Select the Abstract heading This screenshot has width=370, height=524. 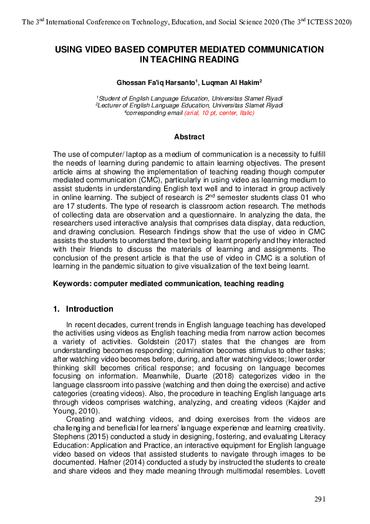click(x=188, y=137)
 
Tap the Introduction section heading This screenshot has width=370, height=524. click(x=89, y=309)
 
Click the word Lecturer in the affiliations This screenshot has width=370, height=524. click(x=115, y=106)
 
